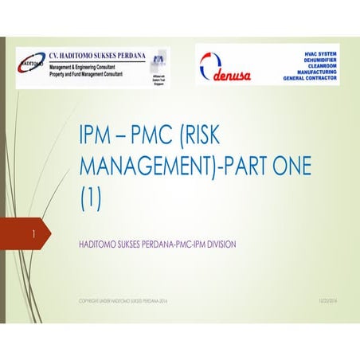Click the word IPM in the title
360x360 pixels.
pos(100,134)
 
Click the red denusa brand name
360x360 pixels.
pos(233,77)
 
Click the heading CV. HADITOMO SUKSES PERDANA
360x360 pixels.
pos(97,56)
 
